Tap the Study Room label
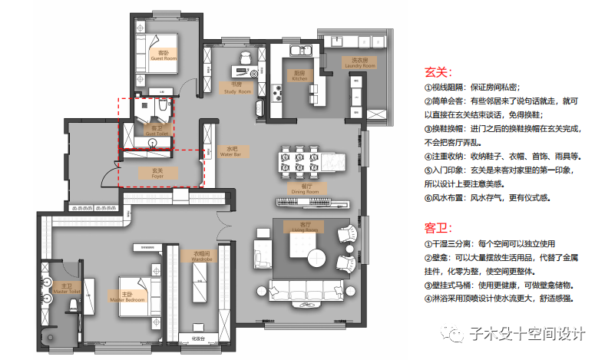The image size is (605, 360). [237, 89]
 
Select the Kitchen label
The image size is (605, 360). [299, 75]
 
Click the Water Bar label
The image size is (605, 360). [231, 151]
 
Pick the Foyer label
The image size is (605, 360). [157, 174]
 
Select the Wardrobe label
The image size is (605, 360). [202, 256]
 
